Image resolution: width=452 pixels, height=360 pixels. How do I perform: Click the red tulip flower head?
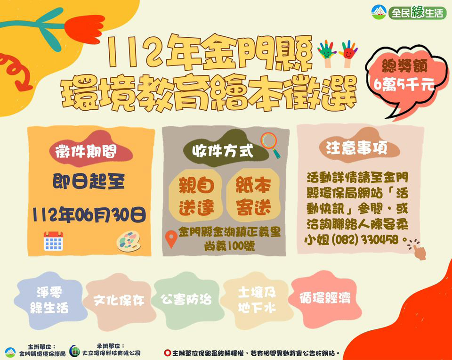pos(85,29)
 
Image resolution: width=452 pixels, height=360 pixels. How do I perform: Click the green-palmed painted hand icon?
pos(327,54)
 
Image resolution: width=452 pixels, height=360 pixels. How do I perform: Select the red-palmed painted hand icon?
pos(348,54)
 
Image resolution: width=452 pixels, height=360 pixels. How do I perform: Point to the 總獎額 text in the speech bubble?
pos(404,66)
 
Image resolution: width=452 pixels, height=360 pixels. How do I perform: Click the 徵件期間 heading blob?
pos(90,150)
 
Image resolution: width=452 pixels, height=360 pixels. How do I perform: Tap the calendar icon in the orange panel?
pos(53,241)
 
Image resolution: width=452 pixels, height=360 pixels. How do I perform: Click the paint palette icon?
pos(129,241)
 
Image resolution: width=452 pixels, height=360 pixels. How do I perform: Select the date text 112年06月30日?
pos(89,214)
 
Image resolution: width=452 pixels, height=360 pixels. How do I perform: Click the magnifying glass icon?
pos(270,144)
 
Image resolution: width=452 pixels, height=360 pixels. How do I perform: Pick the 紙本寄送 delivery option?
pos(253,195)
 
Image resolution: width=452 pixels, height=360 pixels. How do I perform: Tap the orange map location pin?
pos(171,239)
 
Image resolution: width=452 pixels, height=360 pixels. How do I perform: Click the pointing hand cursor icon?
pos(418,249)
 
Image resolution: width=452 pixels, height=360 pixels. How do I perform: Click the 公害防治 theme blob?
pos(186,300)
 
